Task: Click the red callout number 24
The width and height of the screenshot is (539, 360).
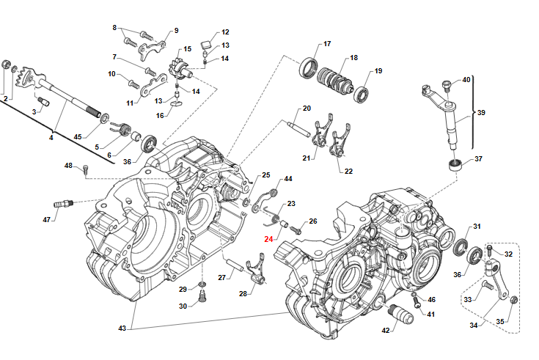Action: [x=268, y=239]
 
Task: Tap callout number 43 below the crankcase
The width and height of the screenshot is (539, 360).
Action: [x=122, y=327]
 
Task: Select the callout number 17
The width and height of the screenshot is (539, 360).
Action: [x=327, y=44]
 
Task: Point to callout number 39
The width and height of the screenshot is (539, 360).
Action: [x=481, y=113]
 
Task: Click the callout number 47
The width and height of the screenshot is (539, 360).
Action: [x=47, y=219]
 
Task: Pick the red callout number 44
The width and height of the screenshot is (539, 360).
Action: [x=288, y=179]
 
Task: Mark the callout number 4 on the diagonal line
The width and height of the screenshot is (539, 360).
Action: [x=51, y=137]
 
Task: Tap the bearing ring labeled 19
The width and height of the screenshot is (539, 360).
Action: [x=362, y=94]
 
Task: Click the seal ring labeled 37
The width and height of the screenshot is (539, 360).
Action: [x=457, y=164]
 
